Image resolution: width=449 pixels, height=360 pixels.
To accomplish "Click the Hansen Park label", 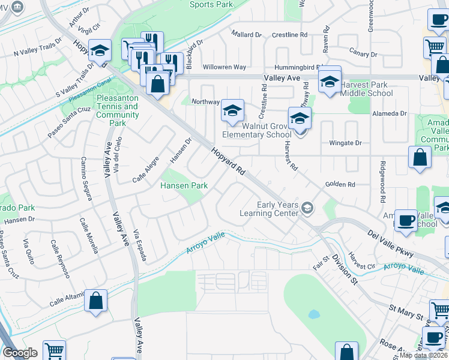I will pyautogui.click(x=184, y=185).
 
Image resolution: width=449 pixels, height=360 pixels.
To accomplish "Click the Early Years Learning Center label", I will pyautogui.click(x=277, y=209).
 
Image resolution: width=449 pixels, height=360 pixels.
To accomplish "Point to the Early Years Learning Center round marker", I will pyautogui.click(x=307, y=208).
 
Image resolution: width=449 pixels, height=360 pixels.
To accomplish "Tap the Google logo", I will pyautogui.click(x=20, y=353).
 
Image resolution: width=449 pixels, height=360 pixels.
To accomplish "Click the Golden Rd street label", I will pyautogui.click(x=340, y=184).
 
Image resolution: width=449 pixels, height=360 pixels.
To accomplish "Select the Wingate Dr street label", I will pyautogui.click(x=345, y=143).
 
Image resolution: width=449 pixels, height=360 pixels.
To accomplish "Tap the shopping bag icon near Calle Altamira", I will pyautogui.click(x=96, y=301).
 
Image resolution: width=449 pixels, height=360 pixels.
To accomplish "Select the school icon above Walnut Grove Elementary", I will pyautogui.click(x=232, y=110).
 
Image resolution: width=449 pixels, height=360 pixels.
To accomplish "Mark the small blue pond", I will pyautogui.click(x=313, y=314).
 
